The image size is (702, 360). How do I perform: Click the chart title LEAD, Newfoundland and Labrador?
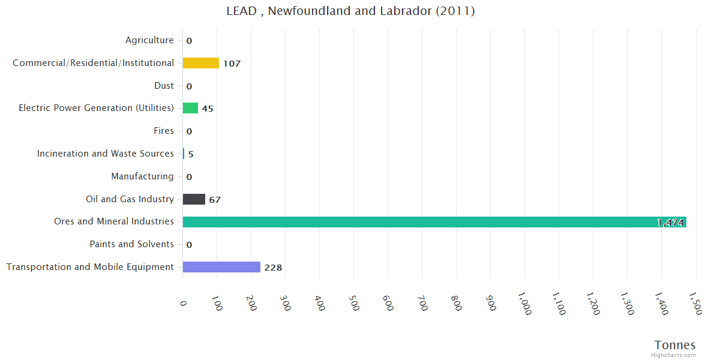(350, 11)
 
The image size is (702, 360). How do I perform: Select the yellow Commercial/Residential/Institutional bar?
(201, 63)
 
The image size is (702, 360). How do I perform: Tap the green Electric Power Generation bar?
(190, 108)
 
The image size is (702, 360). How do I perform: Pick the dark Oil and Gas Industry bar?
(194, 199)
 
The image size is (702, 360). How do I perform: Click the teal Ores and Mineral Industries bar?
(434, 222)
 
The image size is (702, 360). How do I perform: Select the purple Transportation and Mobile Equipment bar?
(221, 267)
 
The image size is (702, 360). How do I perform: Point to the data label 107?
(232, 64)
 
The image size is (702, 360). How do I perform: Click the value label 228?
(273, 268)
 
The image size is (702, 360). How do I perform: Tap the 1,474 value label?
(670, 223)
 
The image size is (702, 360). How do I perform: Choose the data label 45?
(208, 109)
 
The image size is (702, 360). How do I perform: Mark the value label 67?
(215, 200)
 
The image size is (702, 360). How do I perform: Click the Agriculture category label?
(149, 40)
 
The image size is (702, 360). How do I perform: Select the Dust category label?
(164, 86)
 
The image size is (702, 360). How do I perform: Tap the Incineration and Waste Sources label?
(106, 154)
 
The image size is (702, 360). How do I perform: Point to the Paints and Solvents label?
(132, 244)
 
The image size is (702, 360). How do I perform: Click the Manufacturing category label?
(142, 176)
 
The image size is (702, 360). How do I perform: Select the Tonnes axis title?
(675, 345)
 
